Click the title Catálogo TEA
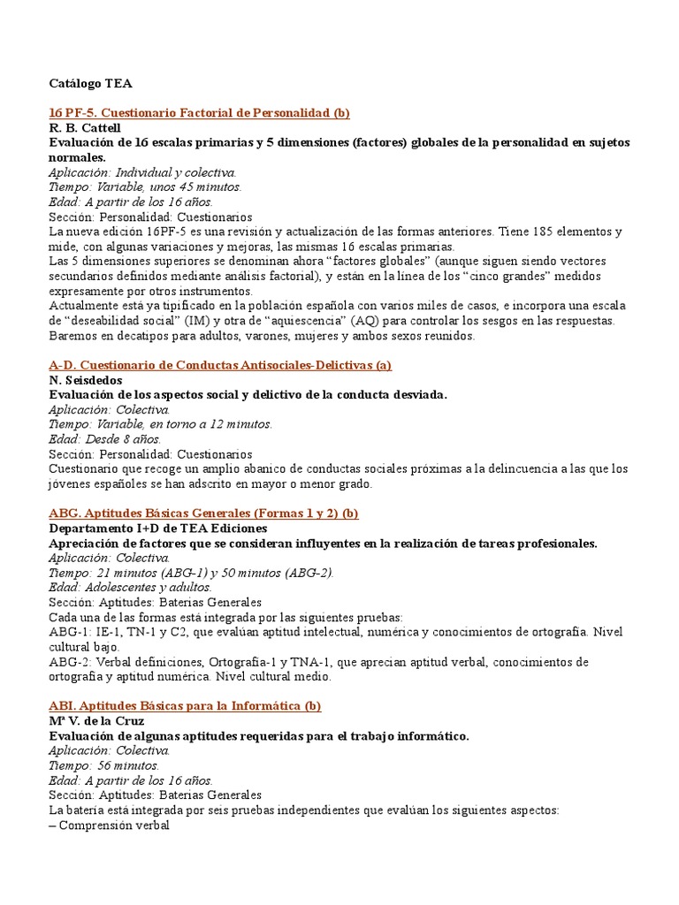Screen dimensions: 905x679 [x=90, y=84]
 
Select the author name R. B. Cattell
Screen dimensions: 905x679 [x=86, y=128]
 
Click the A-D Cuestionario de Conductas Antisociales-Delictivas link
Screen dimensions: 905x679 [x=220, y=365]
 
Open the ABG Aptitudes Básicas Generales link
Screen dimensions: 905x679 [x=203, y=513]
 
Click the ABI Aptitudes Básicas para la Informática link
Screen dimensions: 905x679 [x=185, y=706]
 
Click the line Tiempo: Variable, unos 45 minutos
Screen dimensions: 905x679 [x=145, y=187]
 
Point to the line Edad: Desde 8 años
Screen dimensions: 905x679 [x=105, y=439]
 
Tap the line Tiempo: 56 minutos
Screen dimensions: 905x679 [x=104, y=765]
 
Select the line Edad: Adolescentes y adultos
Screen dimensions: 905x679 [x=130, y=588]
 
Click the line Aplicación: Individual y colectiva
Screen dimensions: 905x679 [x=142, y=172]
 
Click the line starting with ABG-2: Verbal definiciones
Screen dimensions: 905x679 [x=318, y=662]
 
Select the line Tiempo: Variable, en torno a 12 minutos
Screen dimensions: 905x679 [x=161, y=424]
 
